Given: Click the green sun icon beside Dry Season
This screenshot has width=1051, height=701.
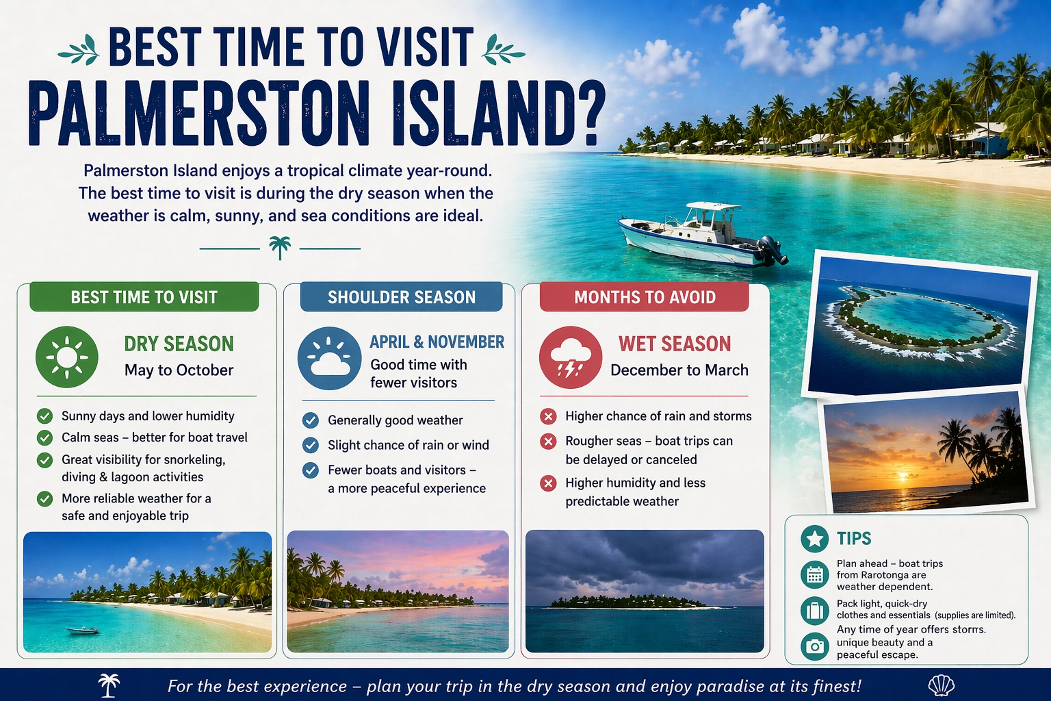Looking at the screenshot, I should [66, 357].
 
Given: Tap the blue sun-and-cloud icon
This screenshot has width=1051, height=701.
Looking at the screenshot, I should [329, 358].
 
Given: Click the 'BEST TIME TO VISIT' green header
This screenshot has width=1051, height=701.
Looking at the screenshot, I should [144, 297].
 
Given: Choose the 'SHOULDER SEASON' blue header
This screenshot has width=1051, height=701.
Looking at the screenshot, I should [402, 297].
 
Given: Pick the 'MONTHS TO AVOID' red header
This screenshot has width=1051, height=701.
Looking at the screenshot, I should [645, 297].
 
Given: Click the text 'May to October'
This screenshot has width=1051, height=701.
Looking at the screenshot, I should [179, 370].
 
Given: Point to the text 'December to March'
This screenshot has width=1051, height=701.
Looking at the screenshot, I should [679, 370].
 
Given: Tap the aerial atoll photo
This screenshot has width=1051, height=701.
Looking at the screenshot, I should [919, 323].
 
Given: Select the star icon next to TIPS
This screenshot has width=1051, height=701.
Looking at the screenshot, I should [814, 539].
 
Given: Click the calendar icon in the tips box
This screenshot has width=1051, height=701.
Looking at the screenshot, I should [814, 574].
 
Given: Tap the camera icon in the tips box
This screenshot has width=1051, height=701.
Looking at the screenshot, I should [814, 646].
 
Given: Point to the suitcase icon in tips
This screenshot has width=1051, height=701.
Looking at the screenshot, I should [814, 610].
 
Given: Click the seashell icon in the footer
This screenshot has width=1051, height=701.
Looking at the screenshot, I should [941, 685].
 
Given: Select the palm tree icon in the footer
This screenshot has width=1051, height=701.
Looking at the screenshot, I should [109, 685].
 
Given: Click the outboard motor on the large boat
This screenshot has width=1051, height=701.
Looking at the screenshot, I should [773, 251].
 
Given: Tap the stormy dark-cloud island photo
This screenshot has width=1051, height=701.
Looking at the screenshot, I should [644, 591].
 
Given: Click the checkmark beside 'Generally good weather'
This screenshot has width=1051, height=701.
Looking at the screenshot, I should [311, 420].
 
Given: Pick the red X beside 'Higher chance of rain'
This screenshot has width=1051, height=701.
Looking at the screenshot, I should [548, 416].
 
